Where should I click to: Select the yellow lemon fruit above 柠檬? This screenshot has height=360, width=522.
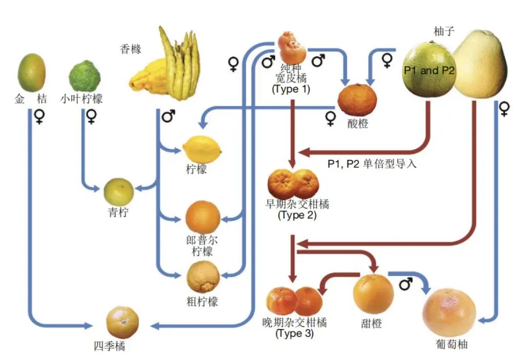[202, 149]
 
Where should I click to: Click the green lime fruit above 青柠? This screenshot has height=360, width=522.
[118, 192]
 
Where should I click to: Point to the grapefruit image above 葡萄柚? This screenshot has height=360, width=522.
[448, 312]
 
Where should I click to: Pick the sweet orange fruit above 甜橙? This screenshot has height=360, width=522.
[373, 294]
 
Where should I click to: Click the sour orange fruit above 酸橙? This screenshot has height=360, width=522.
[357, 99]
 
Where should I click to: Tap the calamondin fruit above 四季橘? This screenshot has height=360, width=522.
[122, 322]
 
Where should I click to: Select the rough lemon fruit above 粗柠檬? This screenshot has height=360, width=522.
[203, 277]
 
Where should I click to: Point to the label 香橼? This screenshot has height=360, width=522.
[130, 49]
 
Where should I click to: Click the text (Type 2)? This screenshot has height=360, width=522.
[297, 215]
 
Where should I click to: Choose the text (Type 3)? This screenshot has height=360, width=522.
[294, 333]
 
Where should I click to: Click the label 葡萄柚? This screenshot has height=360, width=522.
[450, 345]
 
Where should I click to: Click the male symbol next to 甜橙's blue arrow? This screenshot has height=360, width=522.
[406, 283]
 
